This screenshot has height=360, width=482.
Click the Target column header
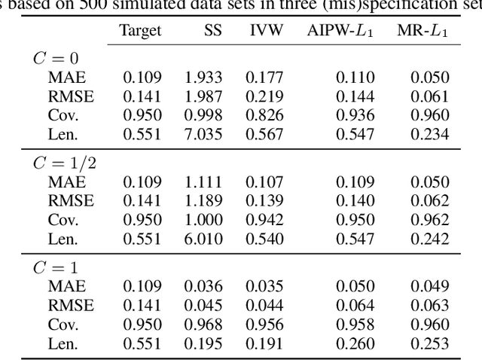(140, 30)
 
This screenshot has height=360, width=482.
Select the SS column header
(212, 30)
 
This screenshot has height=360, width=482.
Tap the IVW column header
(266, 30)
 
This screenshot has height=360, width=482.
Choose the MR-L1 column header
(423, 30)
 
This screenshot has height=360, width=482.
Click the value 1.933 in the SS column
(203, 77)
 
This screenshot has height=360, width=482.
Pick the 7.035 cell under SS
(203, 134)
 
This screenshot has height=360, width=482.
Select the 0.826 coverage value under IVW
(266, 115)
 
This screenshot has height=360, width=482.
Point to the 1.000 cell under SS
(203, 220)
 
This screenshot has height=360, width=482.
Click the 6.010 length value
(203, 239)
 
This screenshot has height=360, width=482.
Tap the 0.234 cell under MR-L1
(430, 134)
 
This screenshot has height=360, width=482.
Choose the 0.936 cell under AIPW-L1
(355, 115)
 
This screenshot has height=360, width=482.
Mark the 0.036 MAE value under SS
(203, 287)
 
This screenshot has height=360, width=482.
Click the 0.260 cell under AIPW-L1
(355, 344)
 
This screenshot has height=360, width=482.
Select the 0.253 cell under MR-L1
(430, 344)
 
